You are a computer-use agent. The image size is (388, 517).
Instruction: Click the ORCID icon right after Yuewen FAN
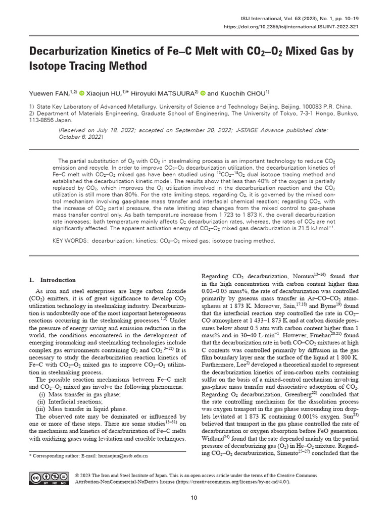[x=82, y=93]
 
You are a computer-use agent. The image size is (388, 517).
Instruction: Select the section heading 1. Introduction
[x=52, y=280]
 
